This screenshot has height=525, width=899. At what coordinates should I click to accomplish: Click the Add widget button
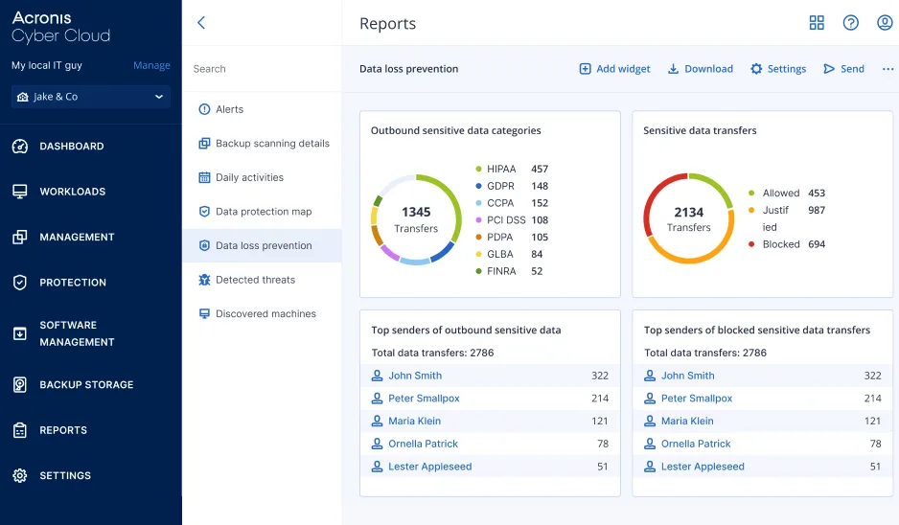[614, 69]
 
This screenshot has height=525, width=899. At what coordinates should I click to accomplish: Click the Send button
[843, 69]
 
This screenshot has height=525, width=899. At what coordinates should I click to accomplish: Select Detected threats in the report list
[255, 280]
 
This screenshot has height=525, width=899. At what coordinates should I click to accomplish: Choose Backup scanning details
[272, 144]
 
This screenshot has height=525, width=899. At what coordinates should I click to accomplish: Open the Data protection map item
[264, 212]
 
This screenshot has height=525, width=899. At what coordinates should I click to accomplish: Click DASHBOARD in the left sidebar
[71, 147]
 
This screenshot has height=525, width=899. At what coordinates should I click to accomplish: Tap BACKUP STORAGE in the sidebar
[85, 385]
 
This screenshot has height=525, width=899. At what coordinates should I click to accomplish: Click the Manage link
[151, 66]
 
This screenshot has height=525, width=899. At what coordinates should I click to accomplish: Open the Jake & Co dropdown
[91, 97]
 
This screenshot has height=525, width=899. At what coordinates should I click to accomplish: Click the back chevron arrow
[201, 23]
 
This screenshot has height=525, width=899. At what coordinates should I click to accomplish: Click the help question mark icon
[850, 23]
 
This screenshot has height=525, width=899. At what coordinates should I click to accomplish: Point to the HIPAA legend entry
[500, 170]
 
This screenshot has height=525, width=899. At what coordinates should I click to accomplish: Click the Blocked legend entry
[780, 244]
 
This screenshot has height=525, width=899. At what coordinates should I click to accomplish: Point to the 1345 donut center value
[416, 213]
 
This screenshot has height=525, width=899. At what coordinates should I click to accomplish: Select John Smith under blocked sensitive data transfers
[687, 376]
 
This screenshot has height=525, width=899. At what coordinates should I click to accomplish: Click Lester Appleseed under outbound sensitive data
[429, 467]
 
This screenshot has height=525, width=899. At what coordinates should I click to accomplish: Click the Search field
[261, 69]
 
